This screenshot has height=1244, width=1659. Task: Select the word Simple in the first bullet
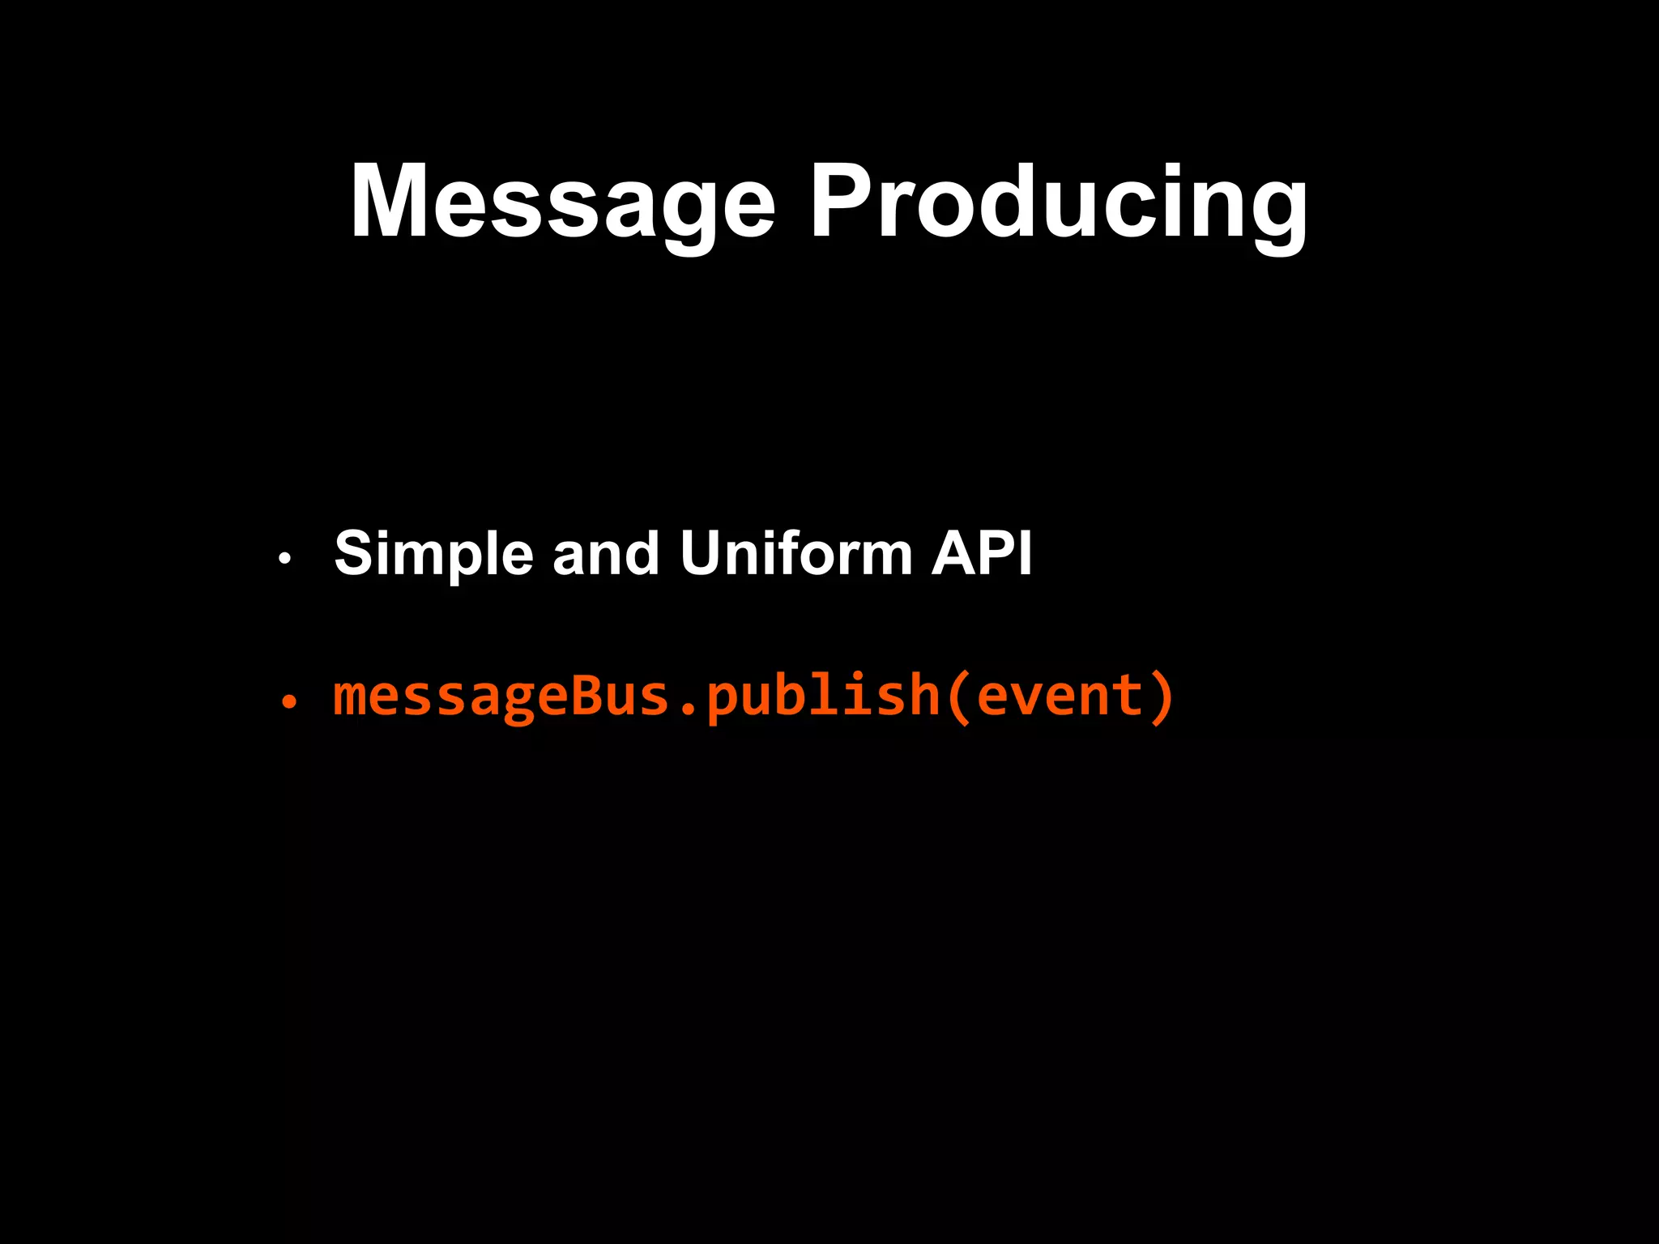coord(433,554)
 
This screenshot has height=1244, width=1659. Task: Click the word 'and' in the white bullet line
coord(605,554)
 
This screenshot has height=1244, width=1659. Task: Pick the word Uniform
coord(796,554)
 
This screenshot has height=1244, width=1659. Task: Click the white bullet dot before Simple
coord(284,558)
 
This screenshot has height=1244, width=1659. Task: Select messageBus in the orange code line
coord(501,697)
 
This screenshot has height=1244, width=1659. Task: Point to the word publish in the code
coord(822,697)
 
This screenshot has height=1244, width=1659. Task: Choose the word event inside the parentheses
coord(1059,697)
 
